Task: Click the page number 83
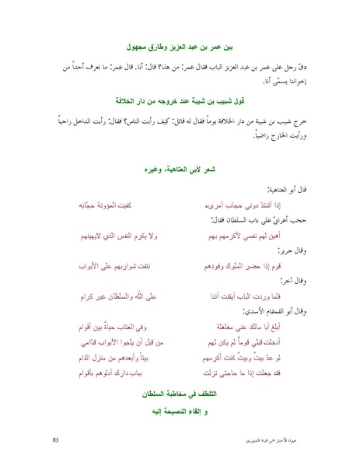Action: coord(55,441)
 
